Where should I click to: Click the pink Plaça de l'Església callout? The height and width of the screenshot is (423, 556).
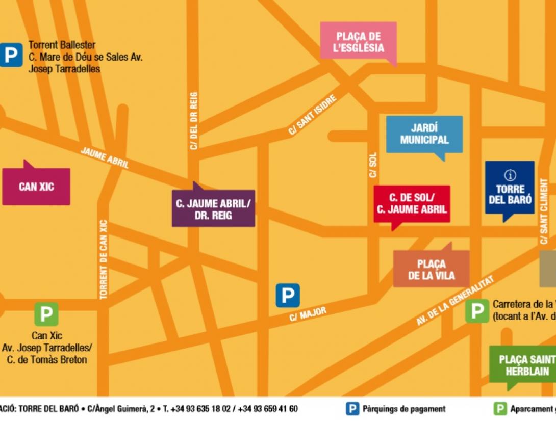[359, 42]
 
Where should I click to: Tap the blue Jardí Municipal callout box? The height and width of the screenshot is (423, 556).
[424, 134]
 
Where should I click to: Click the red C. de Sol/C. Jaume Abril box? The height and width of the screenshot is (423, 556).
[412, 203]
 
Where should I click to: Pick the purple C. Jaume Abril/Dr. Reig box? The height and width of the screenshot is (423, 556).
[213, 209]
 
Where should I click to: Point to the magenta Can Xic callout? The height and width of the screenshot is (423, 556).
[36, 187]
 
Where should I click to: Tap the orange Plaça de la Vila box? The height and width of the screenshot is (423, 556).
[431, 270]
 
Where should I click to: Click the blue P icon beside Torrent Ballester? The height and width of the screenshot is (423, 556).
[11, 55]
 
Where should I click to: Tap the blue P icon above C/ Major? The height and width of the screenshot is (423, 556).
[288, 295]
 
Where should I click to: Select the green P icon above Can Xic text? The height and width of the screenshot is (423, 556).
[46, 314]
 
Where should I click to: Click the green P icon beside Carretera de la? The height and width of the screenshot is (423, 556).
[477, 311]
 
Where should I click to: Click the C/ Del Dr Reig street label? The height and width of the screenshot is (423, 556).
[193, 121]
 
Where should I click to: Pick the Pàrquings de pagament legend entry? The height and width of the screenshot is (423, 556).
[396, 409]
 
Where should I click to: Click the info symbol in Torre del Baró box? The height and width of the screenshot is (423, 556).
[510, 175]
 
